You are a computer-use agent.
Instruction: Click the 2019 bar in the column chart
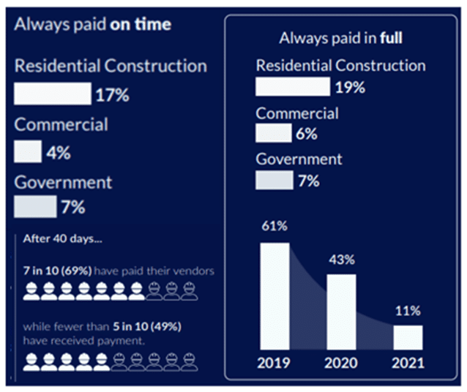point(274,297)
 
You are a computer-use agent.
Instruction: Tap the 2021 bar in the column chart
point(408,338)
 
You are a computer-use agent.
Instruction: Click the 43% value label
point(341,260)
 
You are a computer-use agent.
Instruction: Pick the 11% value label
point(408,311)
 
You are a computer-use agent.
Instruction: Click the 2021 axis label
point(408,363)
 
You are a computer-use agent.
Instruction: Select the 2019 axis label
point(274,363)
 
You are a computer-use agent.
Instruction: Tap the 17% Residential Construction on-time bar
point(52,94)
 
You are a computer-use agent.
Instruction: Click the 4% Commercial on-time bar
point(28,152)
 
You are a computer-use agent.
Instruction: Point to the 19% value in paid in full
point(349,88)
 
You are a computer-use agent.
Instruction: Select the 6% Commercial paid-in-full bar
point(273,133)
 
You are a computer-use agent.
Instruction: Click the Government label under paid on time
point(63,181)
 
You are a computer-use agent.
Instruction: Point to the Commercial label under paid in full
point(297,113)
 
